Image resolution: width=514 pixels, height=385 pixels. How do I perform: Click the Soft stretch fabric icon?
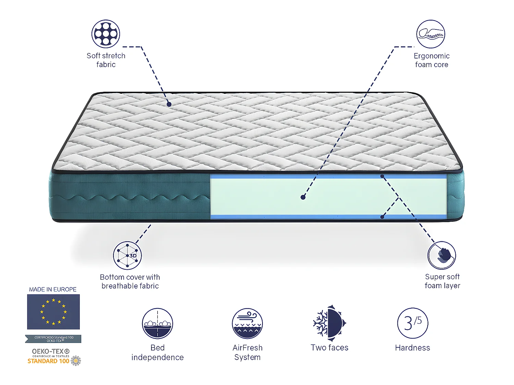(x=106, y=34)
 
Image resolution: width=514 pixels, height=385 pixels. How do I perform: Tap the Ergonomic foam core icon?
(x=431, y=34)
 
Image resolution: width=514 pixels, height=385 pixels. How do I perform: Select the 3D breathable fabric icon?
(x=127, y=255)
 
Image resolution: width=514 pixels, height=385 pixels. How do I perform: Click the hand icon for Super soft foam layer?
(x=442, y=255)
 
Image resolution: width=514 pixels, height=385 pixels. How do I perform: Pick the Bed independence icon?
(x=157, y=323)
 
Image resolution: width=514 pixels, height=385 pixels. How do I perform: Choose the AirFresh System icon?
(x=247, y=323)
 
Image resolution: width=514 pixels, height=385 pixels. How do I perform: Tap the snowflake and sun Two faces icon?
(x=329, y=323)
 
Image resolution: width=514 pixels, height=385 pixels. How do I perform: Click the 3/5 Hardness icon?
(x=413, y=323)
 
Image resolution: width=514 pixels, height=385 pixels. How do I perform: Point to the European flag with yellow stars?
(x=53, y=312)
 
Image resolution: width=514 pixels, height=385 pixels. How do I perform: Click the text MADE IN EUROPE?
(x=53, y=290)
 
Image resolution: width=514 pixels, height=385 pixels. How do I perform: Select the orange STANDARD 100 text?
(x=48, y=361)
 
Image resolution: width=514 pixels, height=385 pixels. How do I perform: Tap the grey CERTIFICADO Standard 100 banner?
(x=53, y=339)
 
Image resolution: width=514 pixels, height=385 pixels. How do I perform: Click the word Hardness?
(x=412, y=348)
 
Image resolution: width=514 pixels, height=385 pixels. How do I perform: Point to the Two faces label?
(x=329, y=348)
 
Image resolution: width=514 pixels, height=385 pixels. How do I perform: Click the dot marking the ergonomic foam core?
(x=303, y=197)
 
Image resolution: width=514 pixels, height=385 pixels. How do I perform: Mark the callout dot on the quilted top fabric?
(x=169, y=104)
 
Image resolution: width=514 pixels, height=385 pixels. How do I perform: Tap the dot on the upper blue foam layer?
(x=382, y=176)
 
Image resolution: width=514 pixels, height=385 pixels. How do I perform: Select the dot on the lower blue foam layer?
(x=382, y=217)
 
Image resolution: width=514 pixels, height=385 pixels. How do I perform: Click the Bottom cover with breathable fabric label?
(x=130, y=281)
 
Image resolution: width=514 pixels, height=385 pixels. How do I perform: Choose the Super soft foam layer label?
(x=442, y=281)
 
